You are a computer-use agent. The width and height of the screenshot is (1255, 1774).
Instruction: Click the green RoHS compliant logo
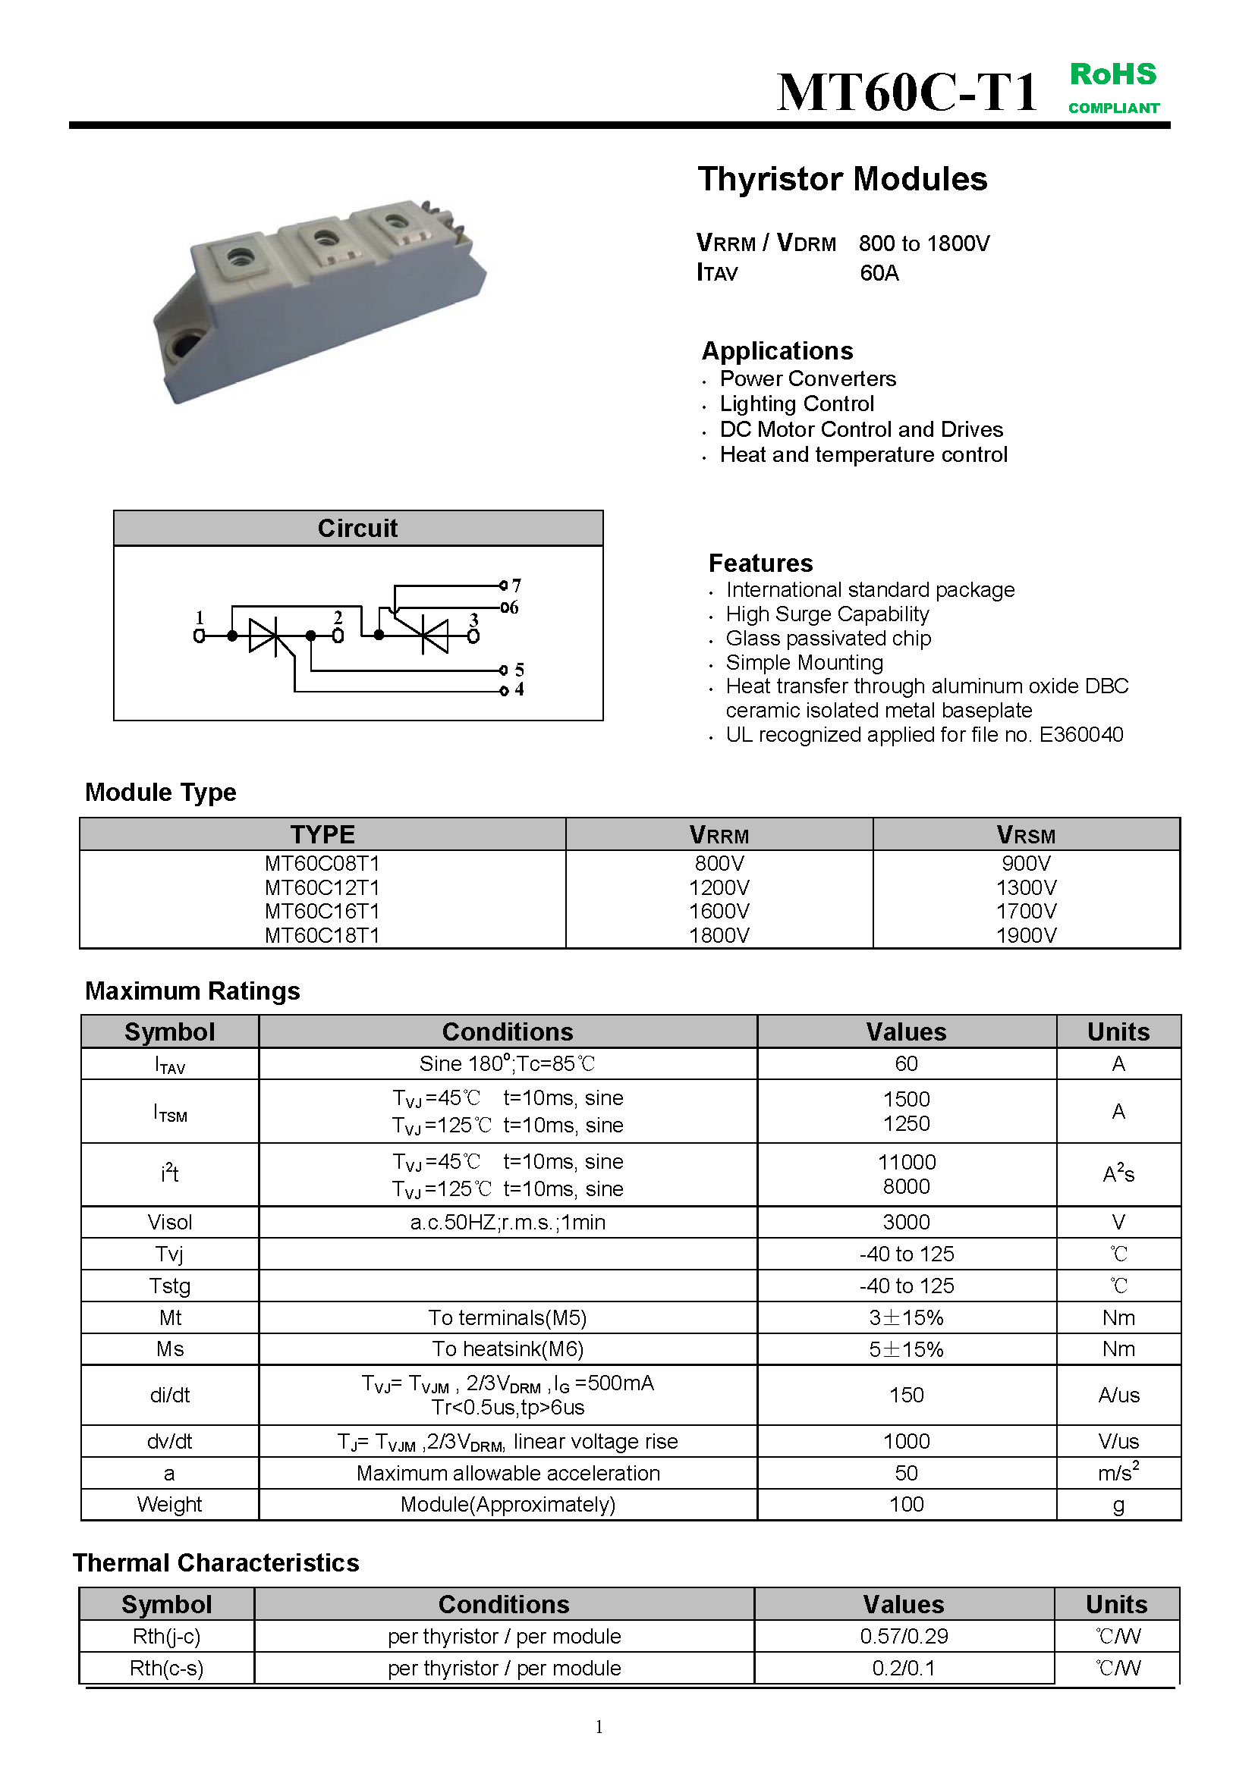click(1113, 87)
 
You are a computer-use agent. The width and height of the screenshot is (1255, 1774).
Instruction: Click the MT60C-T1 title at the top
click(907, 93)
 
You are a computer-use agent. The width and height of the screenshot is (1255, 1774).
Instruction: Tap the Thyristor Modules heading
click(842, 179)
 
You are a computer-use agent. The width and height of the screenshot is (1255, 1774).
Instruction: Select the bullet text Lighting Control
click(797, 404)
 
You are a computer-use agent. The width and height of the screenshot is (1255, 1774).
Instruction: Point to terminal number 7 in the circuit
click(516, 586)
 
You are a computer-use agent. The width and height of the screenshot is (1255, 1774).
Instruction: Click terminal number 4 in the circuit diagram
click(518, 689)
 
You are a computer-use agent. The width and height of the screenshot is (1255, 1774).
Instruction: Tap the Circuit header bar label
click(358, 529)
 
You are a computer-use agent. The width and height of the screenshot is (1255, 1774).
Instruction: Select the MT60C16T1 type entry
click(322, 912)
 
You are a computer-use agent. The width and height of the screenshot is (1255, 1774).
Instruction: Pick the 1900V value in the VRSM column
click(1026, 936)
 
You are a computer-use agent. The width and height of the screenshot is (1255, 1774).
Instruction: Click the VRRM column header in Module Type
click(719, 835)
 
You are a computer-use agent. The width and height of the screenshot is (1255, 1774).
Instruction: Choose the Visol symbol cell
click(170, 1223)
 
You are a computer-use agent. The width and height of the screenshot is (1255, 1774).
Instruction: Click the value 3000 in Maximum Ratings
click(906, 1223)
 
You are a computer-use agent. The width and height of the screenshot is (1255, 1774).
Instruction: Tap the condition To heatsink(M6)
click(508, 1349)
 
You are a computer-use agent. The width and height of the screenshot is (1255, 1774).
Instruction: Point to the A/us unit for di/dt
click(1118, 1396)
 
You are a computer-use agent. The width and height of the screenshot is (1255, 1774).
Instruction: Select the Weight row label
click(169, 1504)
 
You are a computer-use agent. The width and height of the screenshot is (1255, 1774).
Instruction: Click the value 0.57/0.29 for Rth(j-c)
click(904, 1637)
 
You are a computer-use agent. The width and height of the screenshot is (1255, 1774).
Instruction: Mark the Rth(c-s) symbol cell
click(167, 1668)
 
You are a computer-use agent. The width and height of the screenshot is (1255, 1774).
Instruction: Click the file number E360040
click(1080, 735)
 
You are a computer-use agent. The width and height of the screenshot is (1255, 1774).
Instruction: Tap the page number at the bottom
click(599, 1727)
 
